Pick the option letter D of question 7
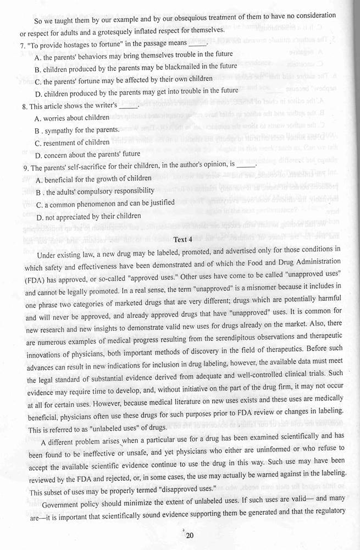click(37, 91)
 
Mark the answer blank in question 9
click(248, 166)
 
